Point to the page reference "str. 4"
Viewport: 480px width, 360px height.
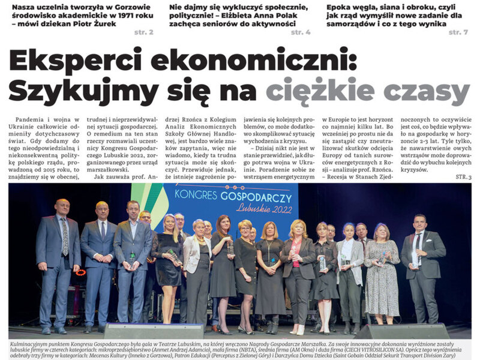pyautogui.click(x=301, y=32)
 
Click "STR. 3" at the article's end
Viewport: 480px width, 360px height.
pyautogui.click(x=463, y=178)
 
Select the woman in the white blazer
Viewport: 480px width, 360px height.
pyautogui.click(x=197, y=252)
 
